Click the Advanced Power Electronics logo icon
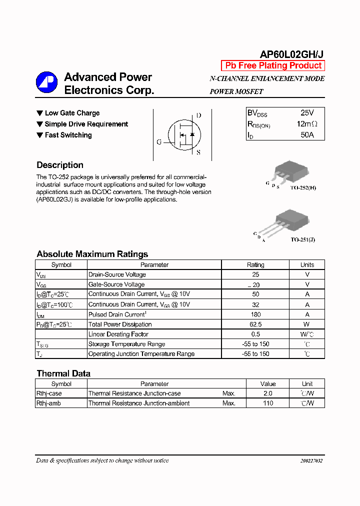coord(46,83)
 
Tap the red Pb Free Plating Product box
coord(273,65)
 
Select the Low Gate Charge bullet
coord(68,113)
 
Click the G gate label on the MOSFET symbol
coord(159,142)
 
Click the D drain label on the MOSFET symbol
coord(198,115)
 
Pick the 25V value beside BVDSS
coord(307,113)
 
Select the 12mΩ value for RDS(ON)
coord(307,124)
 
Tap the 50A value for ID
coord(307,135)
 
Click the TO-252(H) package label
coord(303,188)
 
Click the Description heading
coord(60,165)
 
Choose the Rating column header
coord(255,265)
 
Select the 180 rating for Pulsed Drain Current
coord(255,314)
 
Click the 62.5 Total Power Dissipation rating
coord(255,324)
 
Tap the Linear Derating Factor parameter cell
coord(118,334)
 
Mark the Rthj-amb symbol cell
coord(49,403)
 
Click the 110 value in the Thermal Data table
coord(268,403)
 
